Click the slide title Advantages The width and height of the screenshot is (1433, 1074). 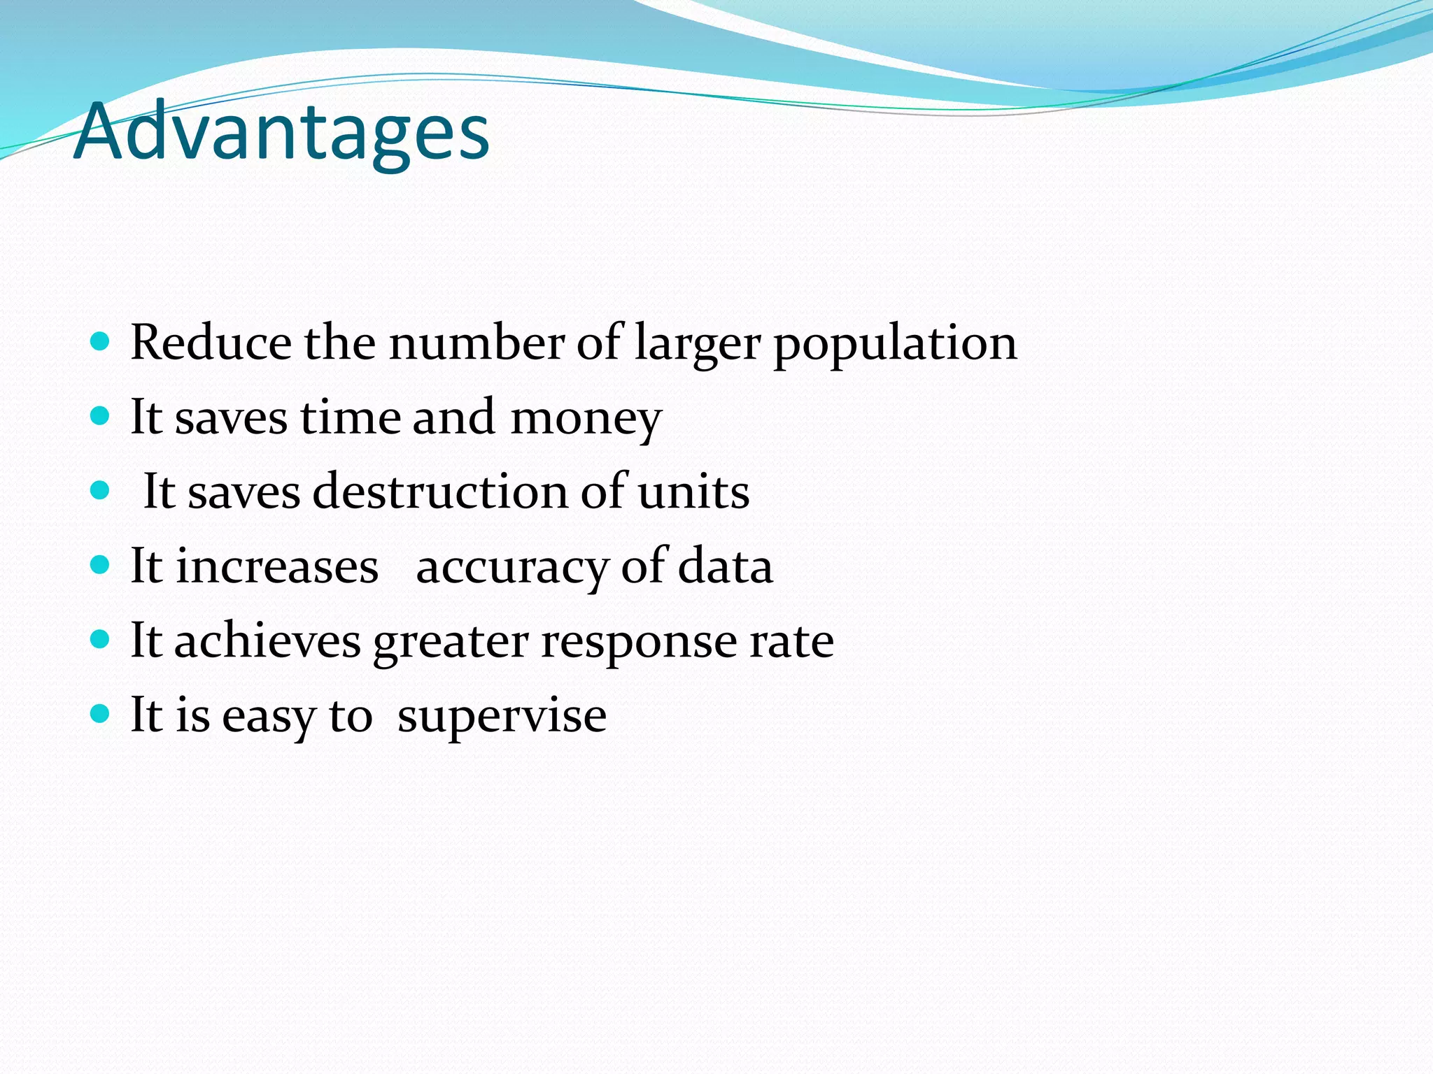[x=281, y=131]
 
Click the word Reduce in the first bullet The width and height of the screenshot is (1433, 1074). [x=211, y=343]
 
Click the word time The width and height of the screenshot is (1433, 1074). [x=350, y=417]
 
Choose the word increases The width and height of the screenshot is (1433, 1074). [x=276, y=566]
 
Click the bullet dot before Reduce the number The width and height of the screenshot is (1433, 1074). [x=101, y=341]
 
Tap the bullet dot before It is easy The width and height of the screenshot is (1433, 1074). [x=101, y=713]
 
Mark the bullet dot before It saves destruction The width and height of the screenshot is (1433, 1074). [x=101, y=490]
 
